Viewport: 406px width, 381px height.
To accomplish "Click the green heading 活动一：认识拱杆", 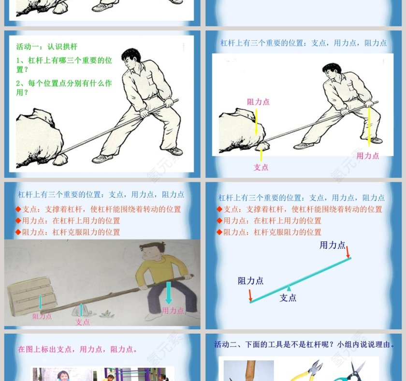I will (x=47, y=47).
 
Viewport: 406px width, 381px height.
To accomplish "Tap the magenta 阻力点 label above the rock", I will (x=258, y=102).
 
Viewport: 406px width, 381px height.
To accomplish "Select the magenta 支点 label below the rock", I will (x=261, y=167).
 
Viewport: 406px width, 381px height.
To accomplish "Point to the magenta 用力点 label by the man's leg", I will (x=368, y=156).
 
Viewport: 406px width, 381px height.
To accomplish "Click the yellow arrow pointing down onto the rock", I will (x=257, y=122).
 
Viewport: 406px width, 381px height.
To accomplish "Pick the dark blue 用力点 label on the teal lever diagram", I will (x=333, y=245).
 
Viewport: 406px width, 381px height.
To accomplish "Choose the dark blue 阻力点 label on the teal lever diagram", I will (x=250, y=280).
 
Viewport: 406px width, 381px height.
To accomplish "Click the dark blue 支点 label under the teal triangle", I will (x=288, y=298).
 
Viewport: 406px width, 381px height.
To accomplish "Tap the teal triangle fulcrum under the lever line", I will (x=289, y=288).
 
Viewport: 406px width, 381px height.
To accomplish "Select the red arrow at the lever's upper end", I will (x=348, y=252).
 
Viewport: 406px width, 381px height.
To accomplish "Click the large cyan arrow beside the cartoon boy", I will (x=168, y=293).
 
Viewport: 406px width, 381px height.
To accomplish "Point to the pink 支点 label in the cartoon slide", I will (x=82, y=322).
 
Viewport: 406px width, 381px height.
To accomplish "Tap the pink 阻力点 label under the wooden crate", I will (x=42, y=316).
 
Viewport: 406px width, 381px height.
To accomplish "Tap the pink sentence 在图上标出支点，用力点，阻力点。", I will (x=78, y=349).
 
